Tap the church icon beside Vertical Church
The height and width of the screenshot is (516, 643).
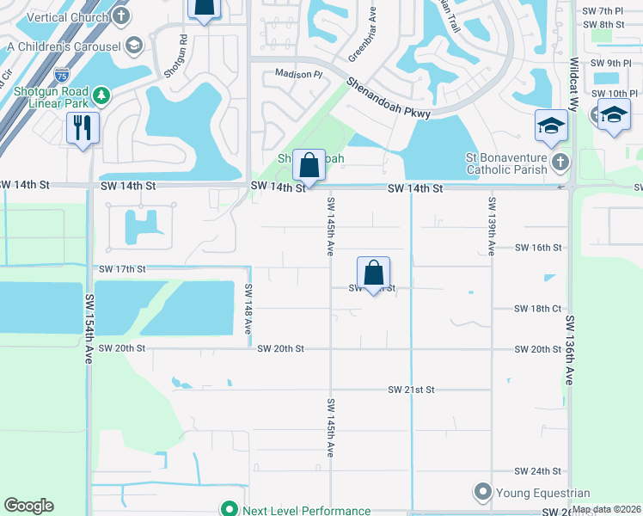click(x=122, y=15)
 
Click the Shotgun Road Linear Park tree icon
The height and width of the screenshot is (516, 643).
click(x=101, y=94)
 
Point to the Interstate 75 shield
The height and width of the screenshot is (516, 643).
click(x=61, y=77)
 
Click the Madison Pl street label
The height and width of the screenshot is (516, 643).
click(x=297, y=75)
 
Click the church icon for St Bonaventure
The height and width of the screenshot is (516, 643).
click(x=560, y=162)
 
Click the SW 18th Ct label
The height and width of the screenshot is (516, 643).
click(x=538, y=308)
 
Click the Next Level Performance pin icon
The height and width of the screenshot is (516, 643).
click(x=229, y=510)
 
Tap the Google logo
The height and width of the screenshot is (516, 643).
click(x=28, y=506)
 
